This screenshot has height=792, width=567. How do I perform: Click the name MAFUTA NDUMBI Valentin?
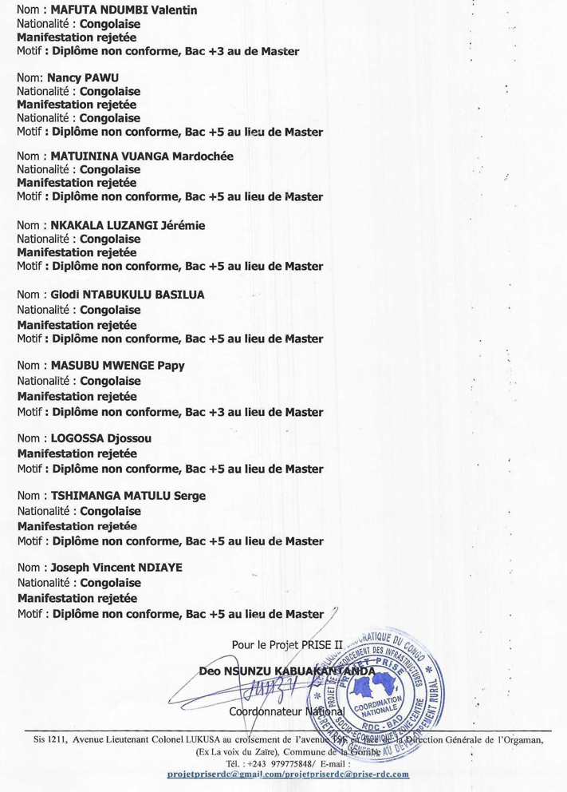(124, 10)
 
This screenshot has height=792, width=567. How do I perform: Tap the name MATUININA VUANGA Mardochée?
(142, 156)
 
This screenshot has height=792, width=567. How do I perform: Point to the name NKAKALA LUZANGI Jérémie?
(128, 225)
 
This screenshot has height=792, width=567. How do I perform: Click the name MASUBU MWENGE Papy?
(118, 366)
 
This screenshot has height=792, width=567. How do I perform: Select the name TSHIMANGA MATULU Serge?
(128, 496)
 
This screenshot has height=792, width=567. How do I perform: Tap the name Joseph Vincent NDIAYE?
(116, 568)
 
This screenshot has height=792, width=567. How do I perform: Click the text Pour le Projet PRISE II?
(281, 643)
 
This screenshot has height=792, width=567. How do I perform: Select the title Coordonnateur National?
(286, 711)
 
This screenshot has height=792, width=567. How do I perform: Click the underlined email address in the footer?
(288, 774)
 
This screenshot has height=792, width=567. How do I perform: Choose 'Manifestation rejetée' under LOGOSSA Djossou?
(77, 453)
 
